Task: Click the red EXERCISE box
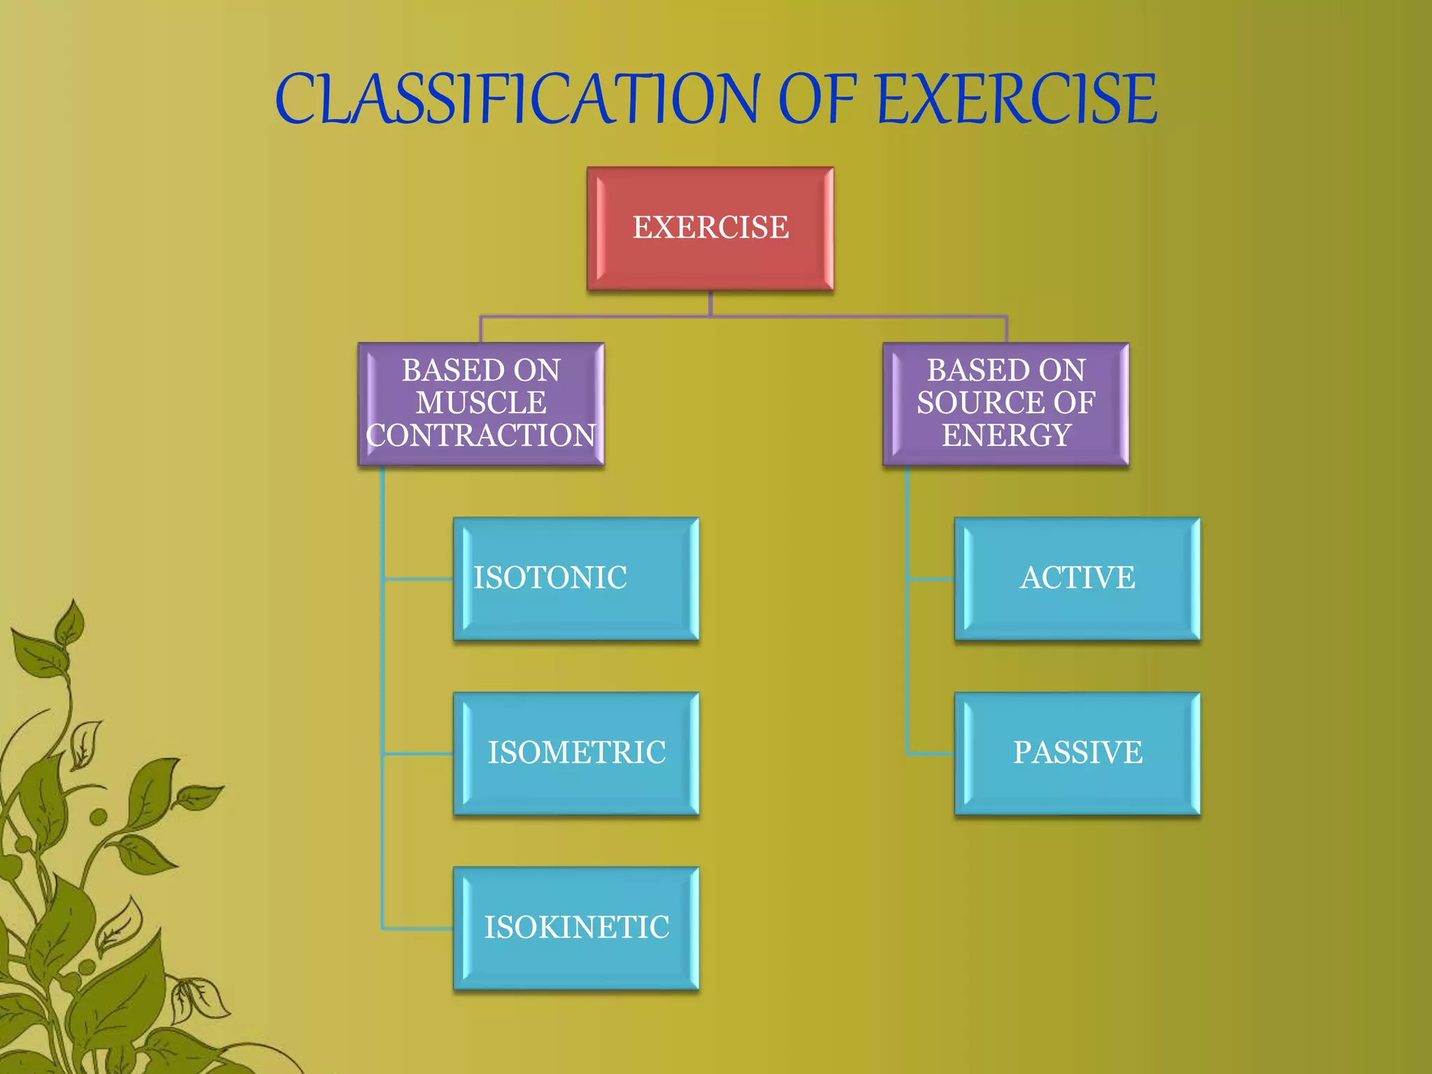click(x=710, y=229)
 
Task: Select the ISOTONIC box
click(x=576, y=578)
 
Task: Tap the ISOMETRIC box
click(x=576, y=753)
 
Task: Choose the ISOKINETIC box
click(x=576, y=928)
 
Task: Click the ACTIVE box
click(x=1077, y=578)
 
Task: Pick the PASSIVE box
click(x=1077, y=753)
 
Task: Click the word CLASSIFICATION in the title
click(x=517, y=99)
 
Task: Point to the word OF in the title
click(x=817, y=99)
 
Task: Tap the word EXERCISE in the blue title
click(x=1017, y=99)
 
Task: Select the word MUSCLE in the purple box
click(x=481, y=403)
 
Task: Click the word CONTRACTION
click(x=481, y=436)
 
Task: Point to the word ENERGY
click(x=1006, y=436)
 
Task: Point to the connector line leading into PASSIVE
click(x=930, y=754)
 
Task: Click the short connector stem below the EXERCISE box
click(x=710, y=303)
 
